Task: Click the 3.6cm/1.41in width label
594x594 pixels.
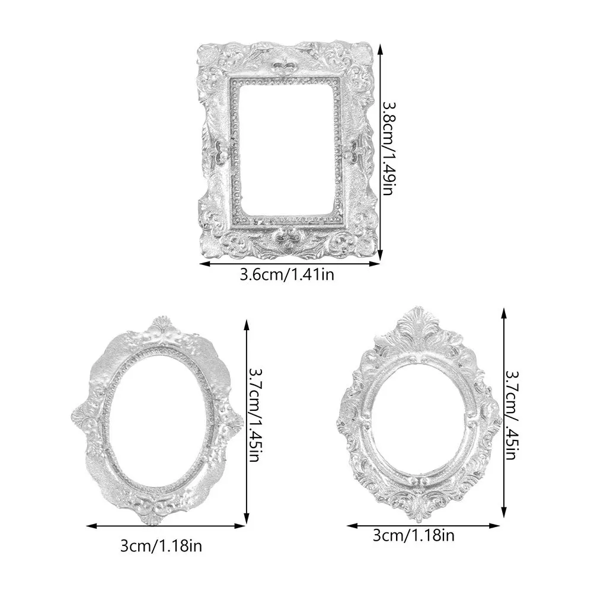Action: [x=287, y=274]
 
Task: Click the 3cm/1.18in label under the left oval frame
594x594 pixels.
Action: [x=161, y=546]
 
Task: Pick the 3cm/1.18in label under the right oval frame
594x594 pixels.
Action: [x=413, y=536]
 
